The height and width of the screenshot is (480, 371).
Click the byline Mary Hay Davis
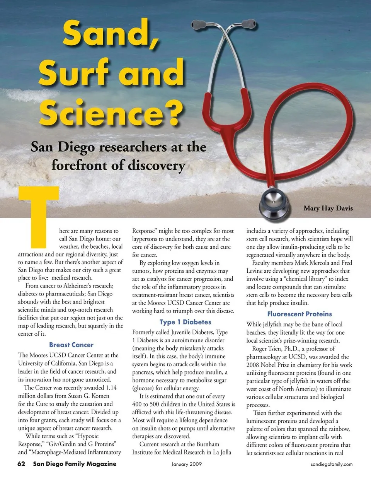[x=328, y=208]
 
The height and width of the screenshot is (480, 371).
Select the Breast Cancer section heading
[x=71, y=345]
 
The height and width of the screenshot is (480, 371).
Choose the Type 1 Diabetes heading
[x=185, y=322]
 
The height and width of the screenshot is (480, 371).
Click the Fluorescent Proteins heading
[x=300, y=314]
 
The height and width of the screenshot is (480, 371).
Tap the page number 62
[x=21, y=464]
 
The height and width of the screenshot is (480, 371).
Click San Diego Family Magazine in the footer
[x=75, y=464]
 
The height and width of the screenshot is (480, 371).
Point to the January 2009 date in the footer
[x=187, y=464]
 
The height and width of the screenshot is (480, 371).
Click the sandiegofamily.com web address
[x=332, y=464]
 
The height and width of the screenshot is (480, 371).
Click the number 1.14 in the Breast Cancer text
[x=111, y=388]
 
